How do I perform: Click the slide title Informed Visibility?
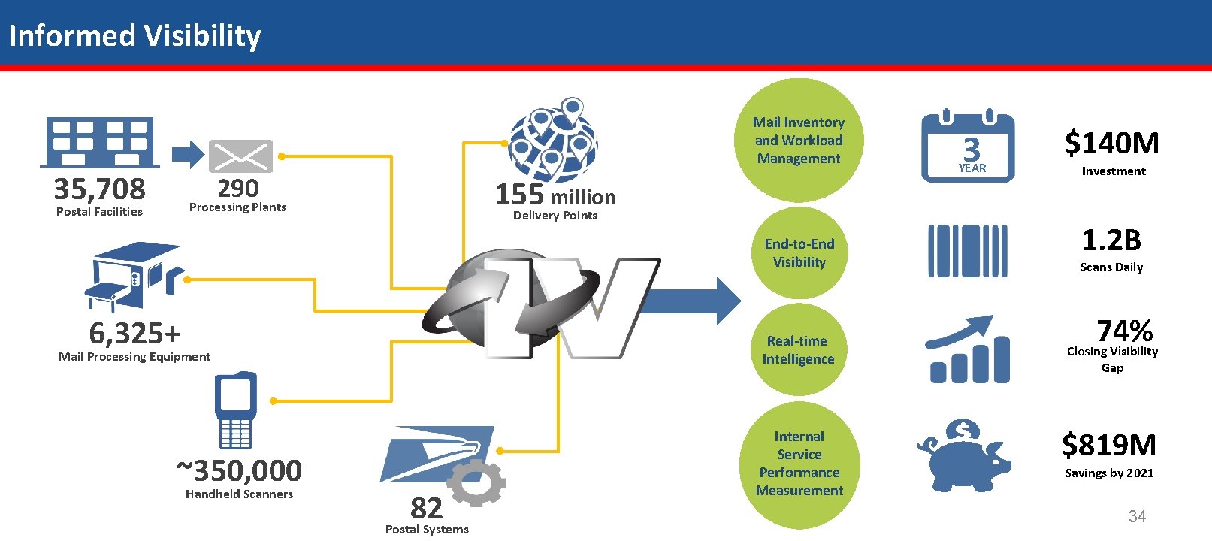click(x=134, y=35)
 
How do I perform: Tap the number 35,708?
click(x=99, y=189)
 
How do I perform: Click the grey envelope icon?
click(x=240, y=156)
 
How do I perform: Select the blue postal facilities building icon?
click(x=100, y=142)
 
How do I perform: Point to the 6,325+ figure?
click(x=134, y=333)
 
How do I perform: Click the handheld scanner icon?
click(x=235, y=410)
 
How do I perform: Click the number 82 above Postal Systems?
click(x=426, y=509)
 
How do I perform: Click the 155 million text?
click(x=555, y=195)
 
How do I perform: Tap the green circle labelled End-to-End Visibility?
click(x=799, y=253)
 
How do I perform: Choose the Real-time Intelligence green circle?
click(x=798, y=350)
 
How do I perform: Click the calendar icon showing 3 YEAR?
click(x=968, y=147)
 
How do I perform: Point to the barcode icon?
click(x=967, y=251)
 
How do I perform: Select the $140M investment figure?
click(x=1111, y=143)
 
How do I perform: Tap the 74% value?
click(x=1124, y=331)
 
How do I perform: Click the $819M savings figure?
click(x=1109, y=445)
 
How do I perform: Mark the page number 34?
click(x=1137, y=516)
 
